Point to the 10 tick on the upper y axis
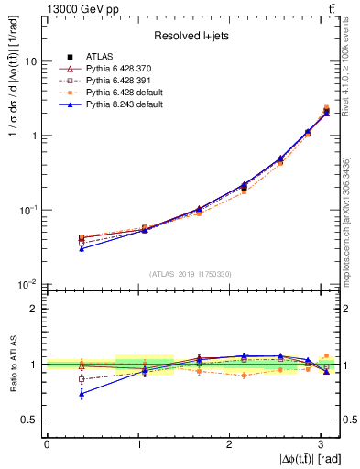[x=33, y=61]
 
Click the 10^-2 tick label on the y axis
[x=29, y=284]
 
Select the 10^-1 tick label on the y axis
[x=29, y=210]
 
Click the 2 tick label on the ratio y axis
[x=34, y=309]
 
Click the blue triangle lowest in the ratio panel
[x=82, y=394]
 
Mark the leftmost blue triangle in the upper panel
[x=82, y=248]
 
